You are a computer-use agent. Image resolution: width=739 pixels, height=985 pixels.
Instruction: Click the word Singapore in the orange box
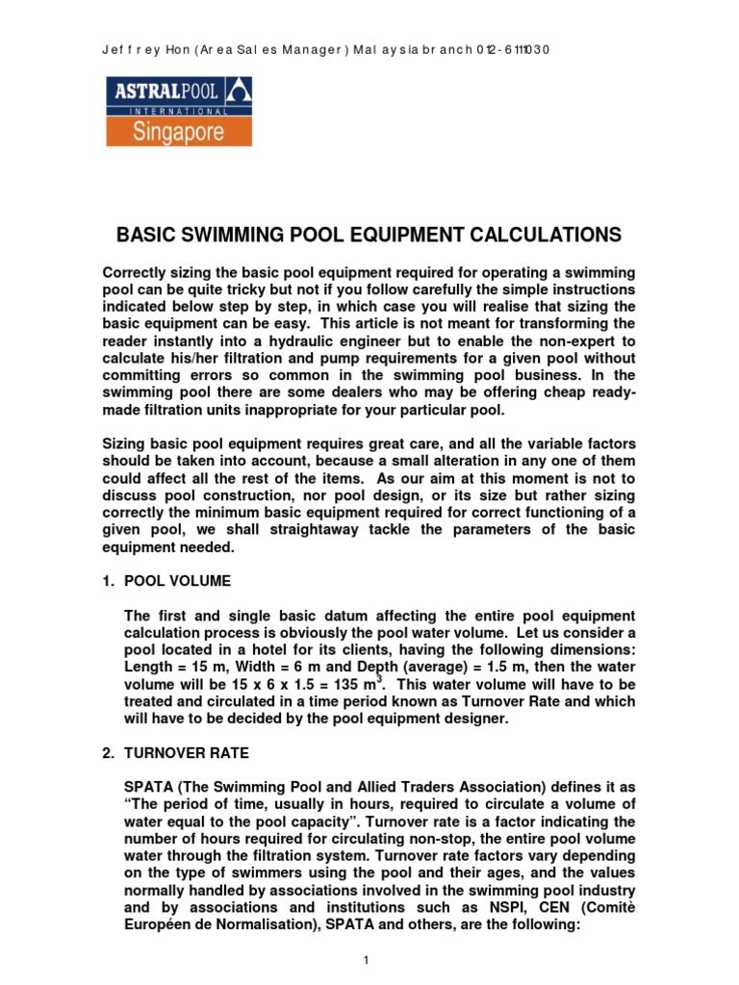(x=179, y=131)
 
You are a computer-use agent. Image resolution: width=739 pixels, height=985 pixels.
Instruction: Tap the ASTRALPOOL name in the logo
(x=165, y=92)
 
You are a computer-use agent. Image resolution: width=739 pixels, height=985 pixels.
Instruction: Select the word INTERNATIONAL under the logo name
(x=179, y=112)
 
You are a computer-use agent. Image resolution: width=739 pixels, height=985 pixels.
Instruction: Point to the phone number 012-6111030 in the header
(x=513, y=50)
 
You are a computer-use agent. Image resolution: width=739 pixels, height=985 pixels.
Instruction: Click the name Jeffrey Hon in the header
(x=143, y=50)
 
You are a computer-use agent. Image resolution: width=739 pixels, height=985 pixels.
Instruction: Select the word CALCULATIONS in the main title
(x=545, y=235)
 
